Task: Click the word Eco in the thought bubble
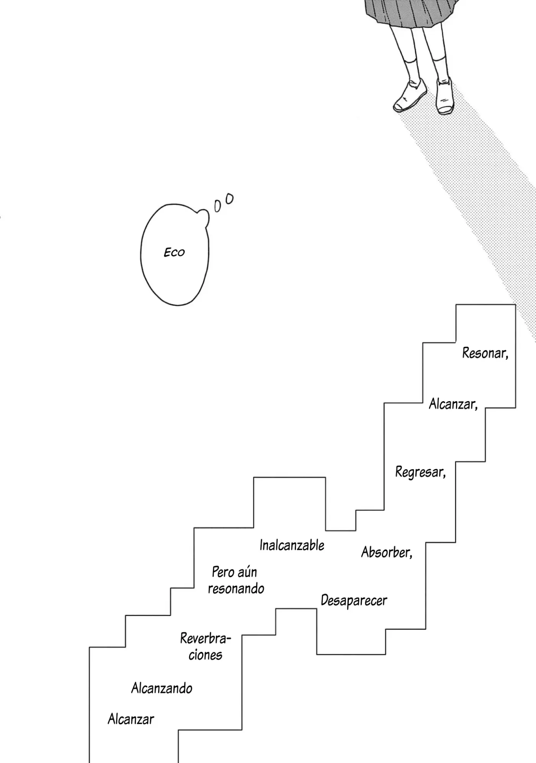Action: point(174,252)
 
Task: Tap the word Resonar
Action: point(485,353)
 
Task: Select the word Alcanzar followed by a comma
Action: point(453,404)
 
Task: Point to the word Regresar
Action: point(420,472)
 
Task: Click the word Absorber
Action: point(387,552)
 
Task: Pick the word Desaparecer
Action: point(354,601)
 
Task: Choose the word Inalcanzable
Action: point(292,545)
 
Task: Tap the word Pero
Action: point(222,572)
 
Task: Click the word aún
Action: point(247,572)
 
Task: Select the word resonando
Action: point(236,589)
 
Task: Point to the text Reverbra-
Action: point(206,638)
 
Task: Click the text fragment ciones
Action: point(205,655)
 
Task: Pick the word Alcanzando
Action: point(162,688)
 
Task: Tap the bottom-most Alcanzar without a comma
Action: point(131,719)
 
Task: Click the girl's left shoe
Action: point(446,96)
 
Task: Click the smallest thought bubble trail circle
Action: point(217,206)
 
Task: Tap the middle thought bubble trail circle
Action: point(229,199)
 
